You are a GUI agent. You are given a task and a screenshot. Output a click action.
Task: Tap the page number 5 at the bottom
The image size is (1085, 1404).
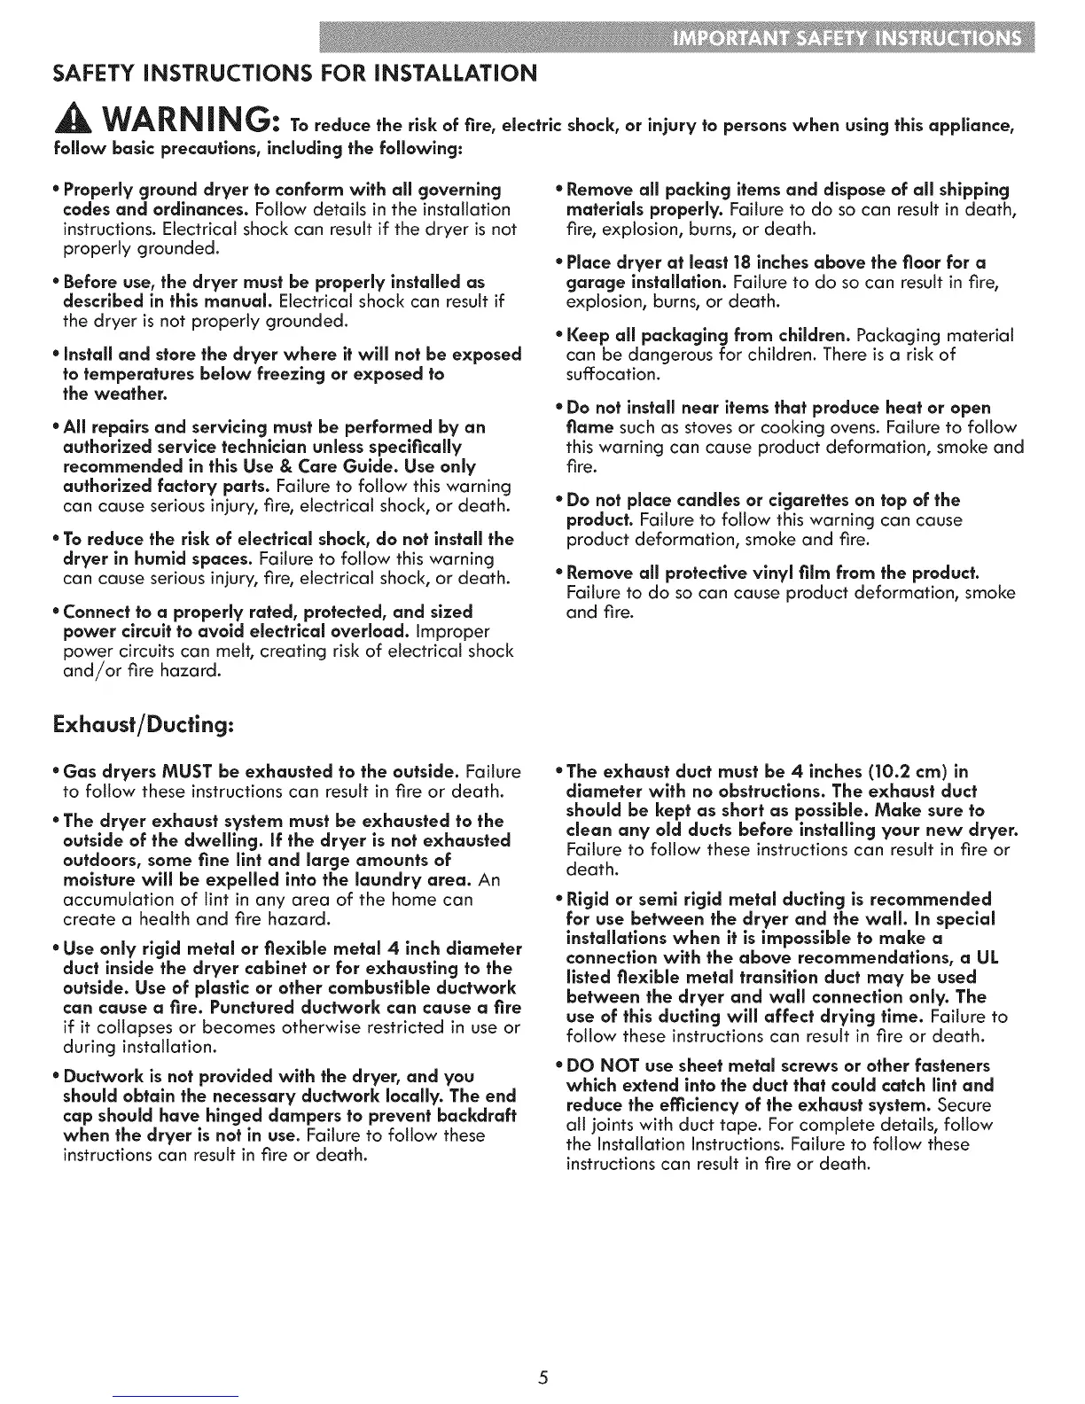coord(543,1377)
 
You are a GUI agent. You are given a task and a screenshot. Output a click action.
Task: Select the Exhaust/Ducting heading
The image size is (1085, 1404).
coord(143,725)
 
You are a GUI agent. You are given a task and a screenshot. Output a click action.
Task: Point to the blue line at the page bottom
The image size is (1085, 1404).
coord(177,1397)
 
